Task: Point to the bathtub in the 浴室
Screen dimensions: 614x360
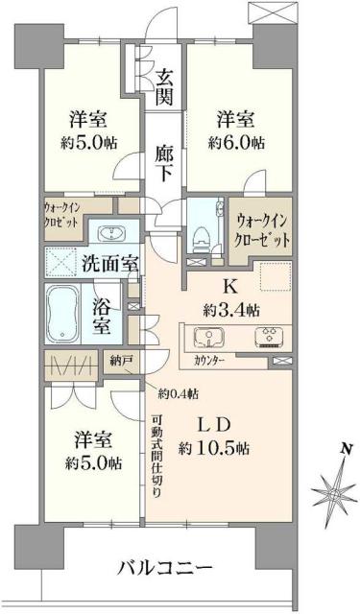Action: coord(66,312)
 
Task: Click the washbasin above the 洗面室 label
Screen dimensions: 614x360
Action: coord(108,232)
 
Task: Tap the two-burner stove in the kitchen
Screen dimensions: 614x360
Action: coord(267,338)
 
